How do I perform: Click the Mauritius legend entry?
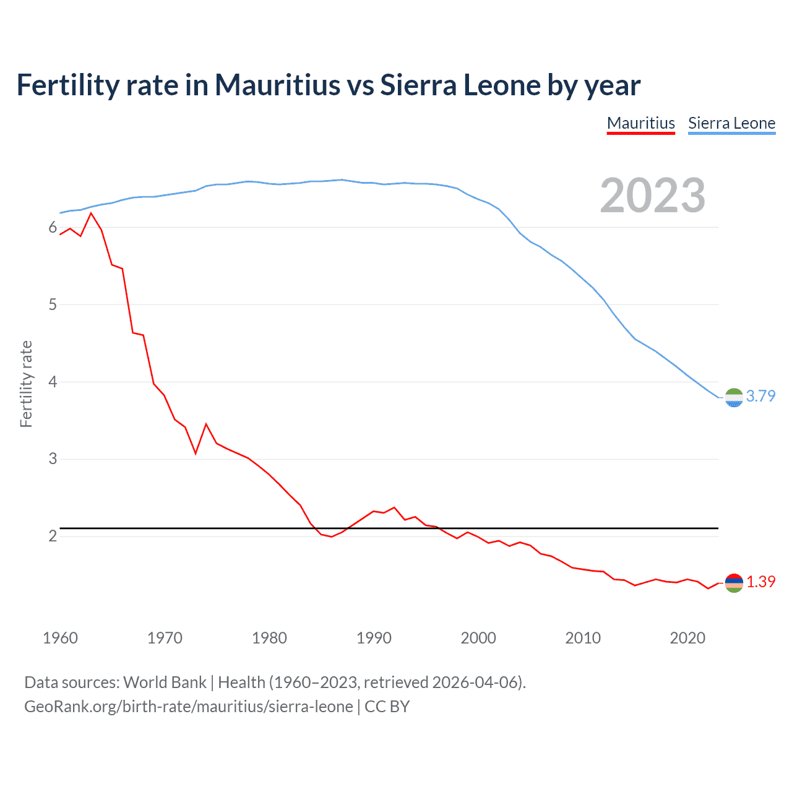[x=640, y=123]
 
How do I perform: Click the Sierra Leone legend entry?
[x=731, y=123]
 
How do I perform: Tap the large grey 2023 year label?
[x=653, y=196]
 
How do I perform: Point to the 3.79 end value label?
[x=760, y=396]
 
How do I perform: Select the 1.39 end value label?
[x=760, y=582]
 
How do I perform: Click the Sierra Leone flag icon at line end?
[x=734, y=397]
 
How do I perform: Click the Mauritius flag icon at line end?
[x=734, y=583]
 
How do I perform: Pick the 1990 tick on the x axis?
[x=374, y=638]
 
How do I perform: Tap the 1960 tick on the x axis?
[x=60, y=638]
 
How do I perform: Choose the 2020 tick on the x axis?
[x=687, y=638]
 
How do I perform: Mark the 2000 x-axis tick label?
[x=478, y=638]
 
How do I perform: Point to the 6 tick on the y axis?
[x=53, y=228]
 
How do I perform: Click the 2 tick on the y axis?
[x=53, y=536]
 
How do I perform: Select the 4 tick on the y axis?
[x=53, y=382]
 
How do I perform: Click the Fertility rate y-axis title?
[x=26, y=384]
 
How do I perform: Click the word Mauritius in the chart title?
[x=277, y=85]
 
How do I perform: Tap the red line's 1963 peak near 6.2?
[x=91, y=213]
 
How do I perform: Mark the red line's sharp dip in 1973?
[x=196, y=453]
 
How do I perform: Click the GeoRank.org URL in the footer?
[x=189, y=706]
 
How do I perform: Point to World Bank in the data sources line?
[x=165, y=682]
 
